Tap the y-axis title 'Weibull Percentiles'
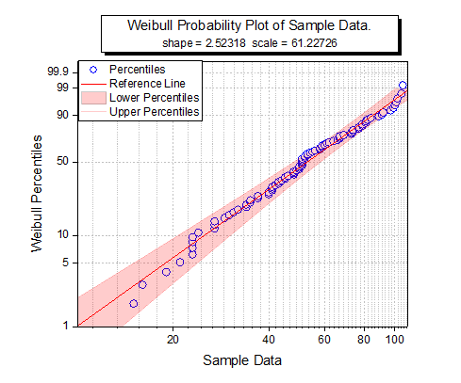click(x=39, y=193)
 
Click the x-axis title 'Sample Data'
click(x=241, y=359)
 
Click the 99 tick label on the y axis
click(x=61, y=88)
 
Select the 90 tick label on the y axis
click(x=61, y=115)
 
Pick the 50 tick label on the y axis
click(x=61, y=161)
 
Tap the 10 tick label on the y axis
click(x=61, y=235)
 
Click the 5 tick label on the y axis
click(x=64, y=263)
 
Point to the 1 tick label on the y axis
click(x=64, y=326)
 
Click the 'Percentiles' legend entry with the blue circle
click(x=137, y=70)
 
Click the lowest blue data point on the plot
click(x=133, y=303)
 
